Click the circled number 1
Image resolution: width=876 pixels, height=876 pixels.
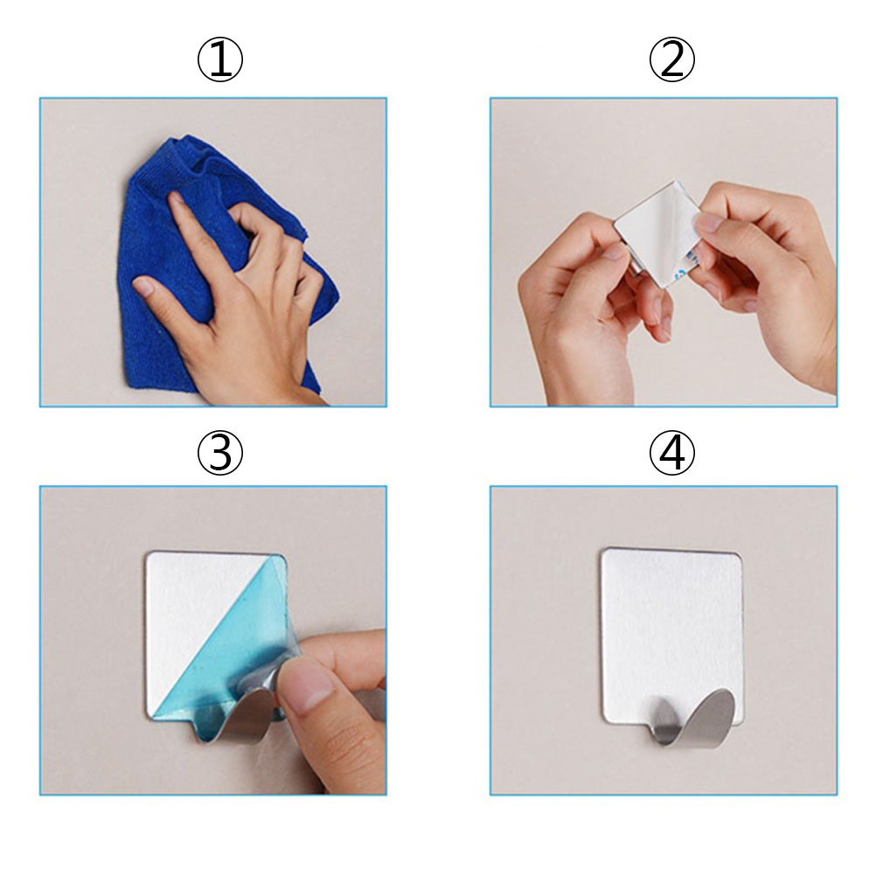pos(220,59)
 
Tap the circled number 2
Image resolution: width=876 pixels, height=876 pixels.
pos(671,59)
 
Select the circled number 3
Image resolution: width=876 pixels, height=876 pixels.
pos(220,453)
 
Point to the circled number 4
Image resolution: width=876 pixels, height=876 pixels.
pos(671,453)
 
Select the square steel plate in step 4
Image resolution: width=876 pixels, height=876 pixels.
pos(672,636)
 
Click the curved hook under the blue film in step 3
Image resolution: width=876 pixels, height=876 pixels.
pos(234,718)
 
